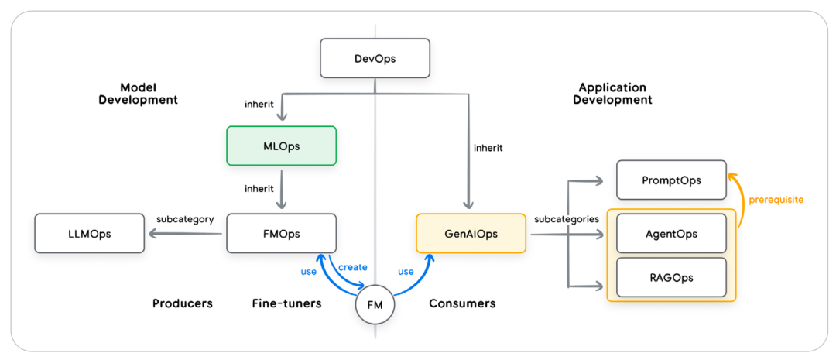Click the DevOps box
[375, 59]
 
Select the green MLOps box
[281, 146]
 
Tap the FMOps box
[281, 233]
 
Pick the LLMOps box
[89, 233]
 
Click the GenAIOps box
[471, 233]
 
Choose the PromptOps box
[671, 180]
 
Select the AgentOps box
[671, 234]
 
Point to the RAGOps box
[671, 277]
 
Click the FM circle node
[375, 306]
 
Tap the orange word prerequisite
[776, 200]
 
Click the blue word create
[352, 266]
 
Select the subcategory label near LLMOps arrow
[185, 219]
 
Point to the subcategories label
[566, 219]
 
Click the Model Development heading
[138, 94]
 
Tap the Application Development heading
[612, 94]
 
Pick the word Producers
[182, 303]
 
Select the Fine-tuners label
[286, 303]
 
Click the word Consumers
[462, 303]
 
